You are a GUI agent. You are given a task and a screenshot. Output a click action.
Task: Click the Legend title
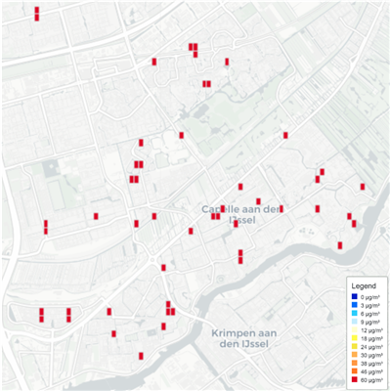click(365, 283)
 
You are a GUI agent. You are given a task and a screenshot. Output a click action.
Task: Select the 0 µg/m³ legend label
click(368, 296)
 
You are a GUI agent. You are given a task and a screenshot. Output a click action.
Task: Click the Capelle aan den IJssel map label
click(240, 214)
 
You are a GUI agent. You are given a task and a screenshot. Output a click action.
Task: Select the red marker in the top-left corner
click(37, 14)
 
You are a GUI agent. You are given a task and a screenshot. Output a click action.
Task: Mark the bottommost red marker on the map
click(142, 356)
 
